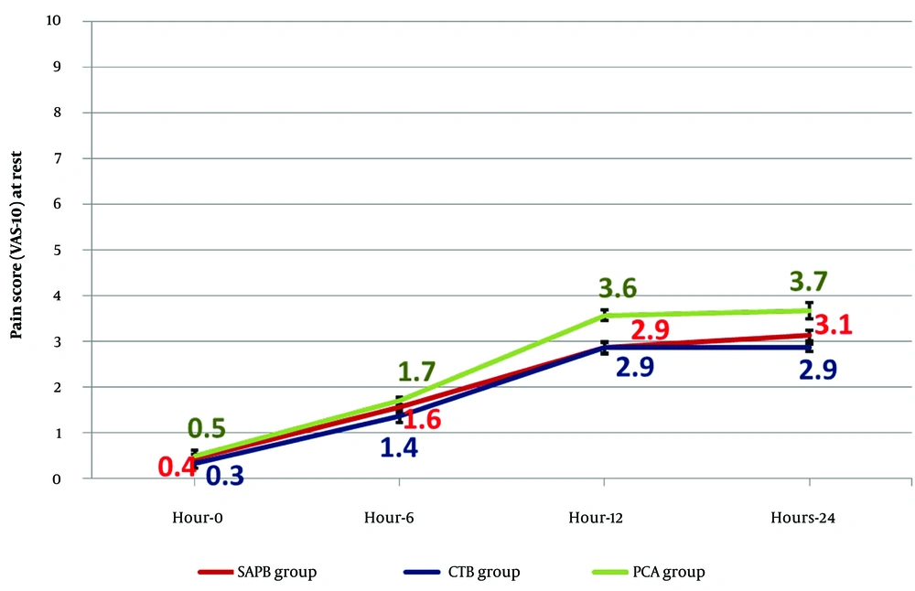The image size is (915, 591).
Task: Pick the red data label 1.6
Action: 422,421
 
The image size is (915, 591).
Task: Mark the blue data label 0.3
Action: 222,476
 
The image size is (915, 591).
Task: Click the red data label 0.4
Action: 177,467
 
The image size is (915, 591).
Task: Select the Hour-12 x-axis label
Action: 604,518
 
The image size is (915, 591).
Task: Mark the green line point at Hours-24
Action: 809,310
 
